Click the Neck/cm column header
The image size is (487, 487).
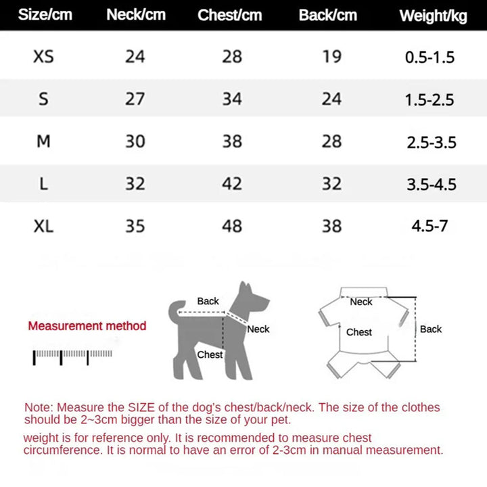coord(136,15)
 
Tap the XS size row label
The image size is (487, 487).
coord(43,56)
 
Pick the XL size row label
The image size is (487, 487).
coord(43,225)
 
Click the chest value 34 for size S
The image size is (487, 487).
coord(232,99)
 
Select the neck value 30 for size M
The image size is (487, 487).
coord(135,141)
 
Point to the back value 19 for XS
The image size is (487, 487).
coord(331,56)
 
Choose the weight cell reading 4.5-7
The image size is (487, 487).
coord(430,226)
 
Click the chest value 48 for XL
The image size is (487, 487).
coord(232,225)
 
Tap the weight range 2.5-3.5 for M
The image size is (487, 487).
coord(432,142)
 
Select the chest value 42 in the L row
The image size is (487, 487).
coord(232,183)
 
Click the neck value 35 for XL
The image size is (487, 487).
coord(135,225)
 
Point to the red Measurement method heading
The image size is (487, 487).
coord(87,326)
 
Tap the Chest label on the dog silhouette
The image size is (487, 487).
coord(210,354)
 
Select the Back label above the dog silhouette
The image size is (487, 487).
coord(208,301)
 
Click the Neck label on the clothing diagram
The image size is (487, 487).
coord(361,302)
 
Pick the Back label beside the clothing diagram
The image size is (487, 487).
coord(431,329)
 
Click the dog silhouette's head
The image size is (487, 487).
coord(253,298)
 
